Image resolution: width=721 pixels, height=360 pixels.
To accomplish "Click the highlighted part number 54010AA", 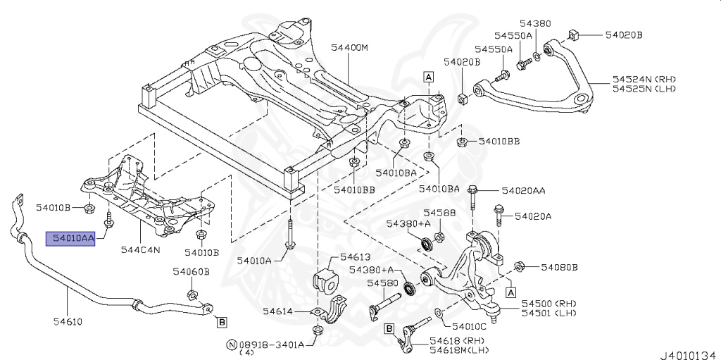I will point(70,239).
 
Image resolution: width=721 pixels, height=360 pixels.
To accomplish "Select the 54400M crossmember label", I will point(349,48).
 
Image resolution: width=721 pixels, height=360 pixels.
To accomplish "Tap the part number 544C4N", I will point(140,249).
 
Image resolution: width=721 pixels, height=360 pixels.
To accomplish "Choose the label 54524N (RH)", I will point(644,79).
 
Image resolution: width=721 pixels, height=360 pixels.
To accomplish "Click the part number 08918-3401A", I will point(271,345).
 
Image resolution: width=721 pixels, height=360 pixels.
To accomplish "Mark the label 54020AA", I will point(523,190).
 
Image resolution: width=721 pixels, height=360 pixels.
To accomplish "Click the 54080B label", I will point(560,267).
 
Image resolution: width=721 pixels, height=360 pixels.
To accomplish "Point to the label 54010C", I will point(469,327).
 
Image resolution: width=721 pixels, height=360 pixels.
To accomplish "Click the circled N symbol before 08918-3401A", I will point(230,345).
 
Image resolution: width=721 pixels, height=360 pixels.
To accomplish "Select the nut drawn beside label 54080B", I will point(520,266).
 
